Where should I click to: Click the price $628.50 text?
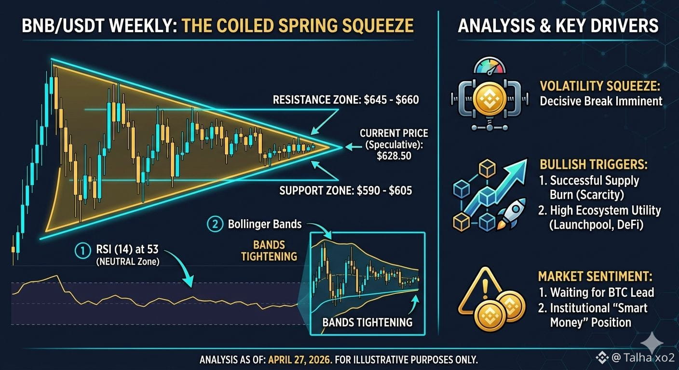tap(394, 156)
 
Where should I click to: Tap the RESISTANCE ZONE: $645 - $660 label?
tap(346, 100)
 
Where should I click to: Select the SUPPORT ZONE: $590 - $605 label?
tap(346, 190)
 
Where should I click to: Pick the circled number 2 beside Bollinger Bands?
tap(215, 225)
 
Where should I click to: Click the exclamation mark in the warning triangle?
tap(485, 289)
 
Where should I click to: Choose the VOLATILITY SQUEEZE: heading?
tap(600, 86)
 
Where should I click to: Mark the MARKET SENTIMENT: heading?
tap(595, 277)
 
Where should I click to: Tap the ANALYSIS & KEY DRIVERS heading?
tap(558, 26)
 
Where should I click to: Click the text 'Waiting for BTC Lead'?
tap(602, 292)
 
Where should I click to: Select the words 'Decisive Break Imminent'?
tap(601, 101)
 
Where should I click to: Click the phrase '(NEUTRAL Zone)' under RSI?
tap(128, 261)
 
